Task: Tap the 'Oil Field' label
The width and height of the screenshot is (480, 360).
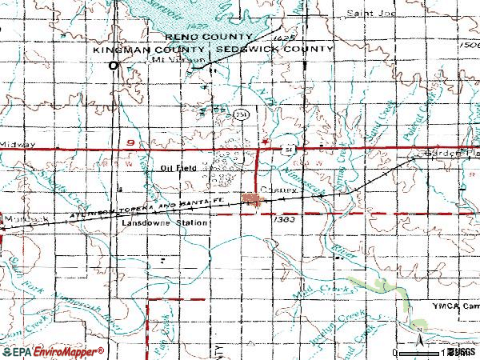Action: tap(178, 168)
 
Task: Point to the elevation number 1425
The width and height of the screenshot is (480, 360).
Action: tap(280, 38)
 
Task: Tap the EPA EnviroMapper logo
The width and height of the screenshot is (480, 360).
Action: tap(53, 351)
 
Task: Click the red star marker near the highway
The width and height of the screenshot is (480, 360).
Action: tap(265, 142)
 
